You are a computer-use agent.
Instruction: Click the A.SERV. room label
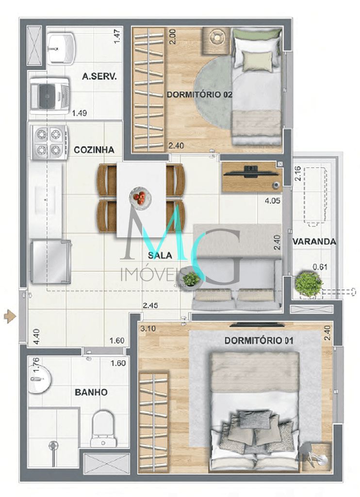click(99, 76)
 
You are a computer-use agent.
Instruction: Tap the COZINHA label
click(94, 150)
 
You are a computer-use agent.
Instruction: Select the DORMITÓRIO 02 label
click(199, 95)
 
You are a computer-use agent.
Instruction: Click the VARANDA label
click(314, 241)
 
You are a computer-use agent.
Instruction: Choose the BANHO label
click(91, 392)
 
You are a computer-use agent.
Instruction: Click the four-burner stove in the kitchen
click(49, 142)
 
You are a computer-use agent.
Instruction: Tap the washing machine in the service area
click(48, 96)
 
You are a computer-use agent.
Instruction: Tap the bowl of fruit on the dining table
click(140, 198)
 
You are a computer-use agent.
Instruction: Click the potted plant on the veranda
click(308, 283)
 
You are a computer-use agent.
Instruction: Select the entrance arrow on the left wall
click(9, 317)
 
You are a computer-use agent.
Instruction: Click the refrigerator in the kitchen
click(50, 262)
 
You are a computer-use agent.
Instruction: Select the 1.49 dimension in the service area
click(79, 114)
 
